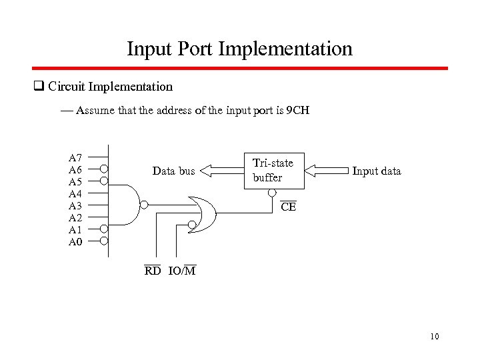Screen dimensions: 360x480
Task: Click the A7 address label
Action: [x=75, y=158]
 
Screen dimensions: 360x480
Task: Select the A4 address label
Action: [x=75, y=193]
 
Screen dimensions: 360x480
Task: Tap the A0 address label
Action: [x=75, y=241]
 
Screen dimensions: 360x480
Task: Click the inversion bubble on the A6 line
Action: [x=104, y=169]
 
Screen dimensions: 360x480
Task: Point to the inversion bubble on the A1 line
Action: [x=104, y=229]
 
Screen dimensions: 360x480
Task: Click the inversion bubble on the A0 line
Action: [x=104, y=241]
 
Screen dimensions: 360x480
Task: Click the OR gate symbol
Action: [x=203, y=213]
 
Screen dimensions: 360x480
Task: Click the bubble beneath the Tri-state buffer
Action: [x=271, y=193]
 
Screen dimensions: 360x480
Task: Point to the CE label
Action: [x=288, y=207]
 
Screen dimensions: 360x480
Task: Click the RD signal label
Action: [x=153, y=271]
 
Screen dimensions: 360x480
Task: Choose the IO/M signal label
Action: [x=182, y=271]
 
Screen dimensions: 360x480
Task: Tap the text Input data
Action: [x=377, y=171]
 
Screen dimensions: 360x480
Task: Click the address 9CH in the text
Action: [x=297, y=110]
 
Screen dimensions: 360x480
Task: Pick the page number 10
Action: [x=435, y=337]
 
